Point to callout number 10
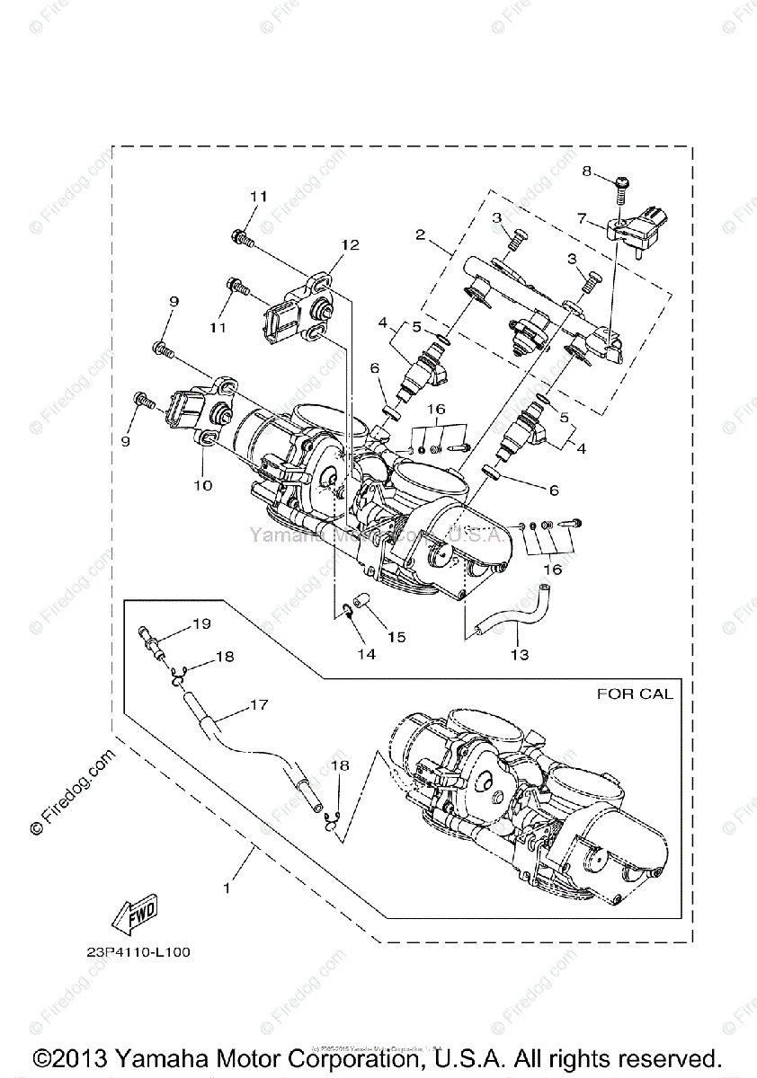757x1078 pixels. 202,486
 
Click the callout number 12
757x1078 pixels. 350,244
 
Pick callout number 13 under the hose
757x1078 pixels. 519,655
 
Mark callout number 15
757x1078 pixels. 396,637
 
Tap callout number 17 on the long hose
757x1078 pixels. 259,705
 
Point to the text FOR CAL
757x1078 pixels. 636,694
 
